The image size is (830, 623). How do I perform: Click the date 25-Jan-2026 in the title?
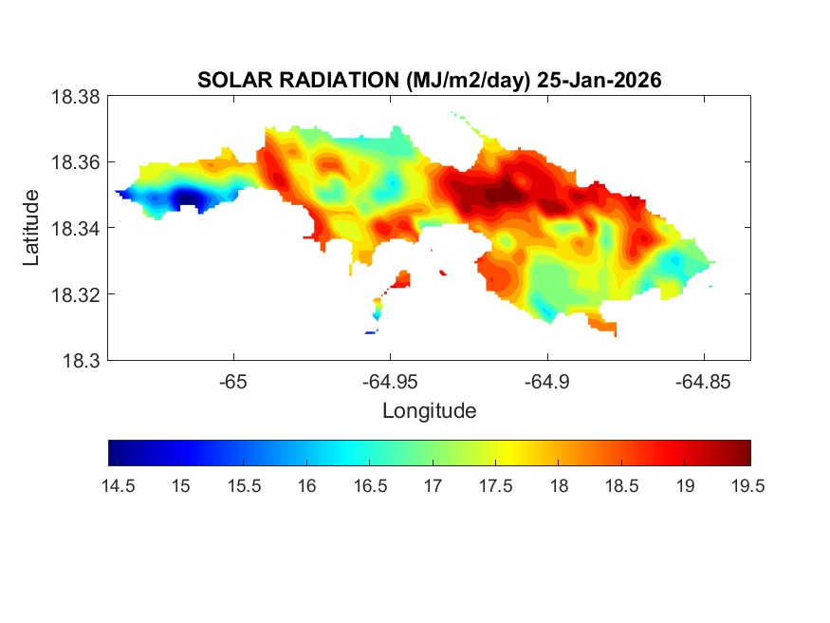pos(598,81)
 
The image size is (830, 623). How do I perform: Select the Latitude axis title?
pos(31,228)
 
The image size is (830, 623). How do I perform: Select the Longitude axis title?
pos(429,411)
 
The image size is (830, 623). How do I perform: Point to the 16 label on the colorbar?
pos(306,486)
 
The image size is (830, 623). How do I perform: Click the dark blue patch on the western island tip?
pos(186,198)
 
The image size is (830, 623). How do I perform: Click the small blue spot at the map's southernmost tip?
pos(371,332)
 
